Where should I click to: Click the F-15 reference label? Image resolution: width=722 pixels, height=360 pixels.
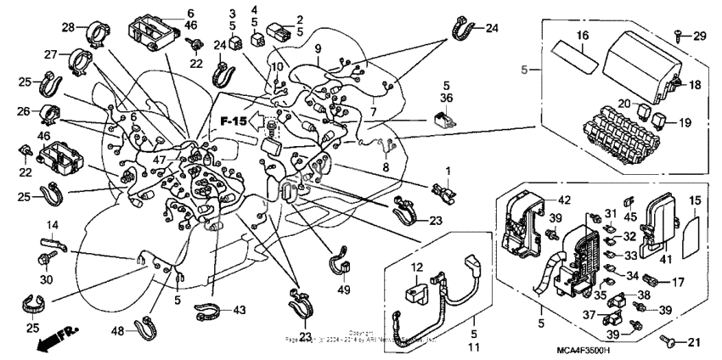pyautogui.click(x=235, y=122)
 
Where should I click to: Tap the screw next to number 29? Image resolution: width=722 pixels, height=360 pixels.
pyautogui.click(x=678, y=33)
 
